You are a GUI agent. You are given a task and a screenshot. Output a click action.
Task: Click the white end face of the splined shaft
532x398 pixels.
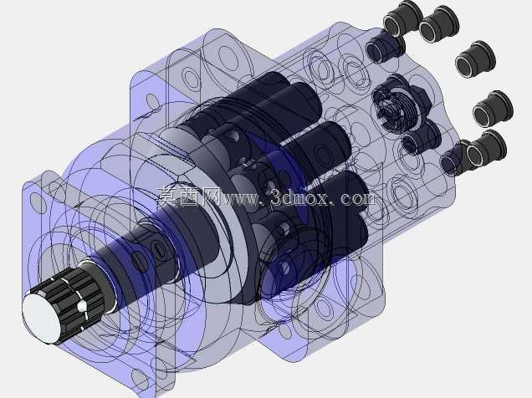[x=41, y=319]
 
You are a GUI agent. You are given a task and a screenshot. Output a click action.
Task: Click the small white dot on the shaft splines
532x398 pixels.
[x=82, y=307]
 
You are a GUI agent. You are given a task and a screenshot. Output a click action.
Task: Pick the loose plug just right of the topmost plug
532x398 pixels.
[x=439, y=24]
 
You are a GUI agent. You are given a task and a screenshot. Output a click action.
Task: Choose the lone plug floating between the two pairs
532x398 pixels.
[x=475, y=59]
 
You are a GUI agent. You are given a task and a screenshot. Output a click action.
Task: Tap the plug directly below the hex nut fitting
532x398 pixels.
[x=421, y=138]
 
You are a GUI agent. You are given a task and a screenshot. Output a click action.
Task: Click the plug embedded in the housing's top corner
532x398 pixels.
[x=386, y=48]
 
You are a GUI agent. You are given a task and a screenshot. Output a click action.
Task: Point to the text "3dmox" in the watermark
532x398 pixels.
[x=300, y=197]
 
